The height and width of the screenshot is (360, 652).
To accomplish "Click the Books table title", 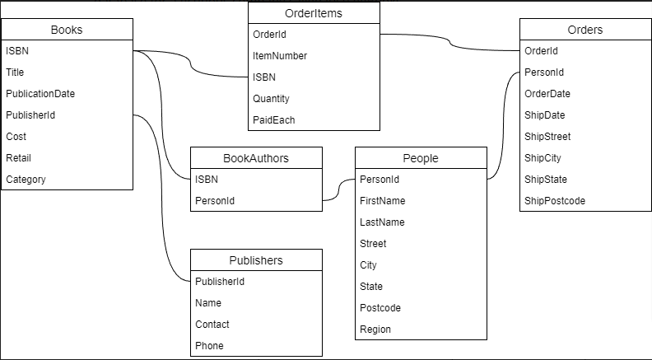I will [67, 30].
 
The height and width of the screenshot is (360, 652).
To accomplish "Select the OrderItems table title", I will [314, 13].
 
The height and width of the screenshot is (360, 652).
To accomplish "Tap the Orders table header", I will [585, 30].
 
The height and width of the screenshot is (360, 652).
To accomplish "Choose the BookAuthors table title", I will [256, 158].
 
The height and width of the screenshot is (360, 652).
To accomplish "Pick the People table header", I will [421, 158].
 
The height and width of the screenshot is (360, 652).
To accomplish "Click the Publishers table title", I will [256, 260].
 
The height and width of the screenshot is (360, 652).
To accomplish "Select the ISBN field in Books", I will [17, 51].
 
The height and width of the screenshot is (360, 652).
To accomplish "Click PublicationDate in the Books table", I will [40, 94].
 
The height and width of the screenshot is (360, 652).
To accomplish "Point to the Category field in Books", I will [26, 180].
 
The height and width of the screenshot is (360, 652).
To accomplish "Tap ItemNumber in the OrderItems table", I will [280, 56].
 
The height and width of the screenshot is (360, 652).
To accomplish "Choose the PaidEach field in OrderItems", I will [273, 120].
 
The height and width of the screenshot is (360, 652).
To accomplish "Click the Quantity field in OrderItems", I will [271, 99].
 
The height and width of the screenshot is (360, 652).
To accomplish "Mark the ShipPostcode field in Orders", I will [555, 201].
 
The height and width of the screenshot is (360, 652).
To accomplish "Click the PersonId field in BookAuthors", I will [215, 201].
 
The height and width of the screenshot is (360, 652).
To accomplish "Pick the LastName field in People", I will [382, 222].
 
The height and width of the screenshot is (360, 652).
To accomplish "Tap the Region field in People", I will [375, 330].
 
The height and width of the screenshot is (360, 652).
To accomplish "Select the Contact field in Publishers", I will [212, 325].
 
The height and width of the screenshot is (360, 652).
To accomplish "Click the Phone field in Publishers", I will [209, 346].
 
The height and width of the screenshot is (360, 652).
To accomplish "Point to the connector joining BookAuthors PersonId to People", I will [338, 189].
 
